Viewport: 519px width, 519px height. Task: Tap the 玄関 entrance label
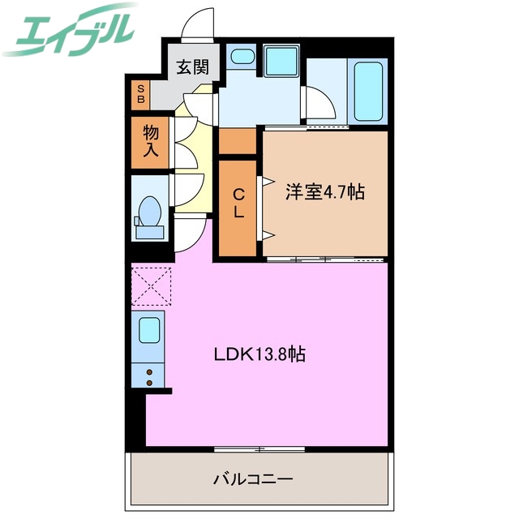tap(193, 66)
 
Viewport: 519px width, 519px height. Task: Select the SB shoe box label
tap(140, 94)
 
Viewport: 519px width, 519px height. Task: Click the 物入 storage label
tap(151, 141)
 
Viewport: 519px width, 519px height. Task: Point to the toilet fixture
tap(149, 217)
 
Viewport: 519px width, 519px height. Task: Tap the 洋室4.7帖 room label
tap(324, 192)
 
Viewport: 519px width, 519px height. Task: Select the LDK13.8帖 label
tap(259, 354)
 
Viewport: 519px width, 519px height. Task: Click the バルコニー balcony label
tap(253, 478)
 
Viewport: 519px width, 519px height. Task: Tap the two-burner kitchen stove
tap(149, 374)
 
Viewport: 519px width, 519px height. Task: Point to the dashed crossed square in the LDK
tap(152, 286)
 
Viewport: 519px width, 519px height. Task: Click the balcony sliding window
tap(259, 448)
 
